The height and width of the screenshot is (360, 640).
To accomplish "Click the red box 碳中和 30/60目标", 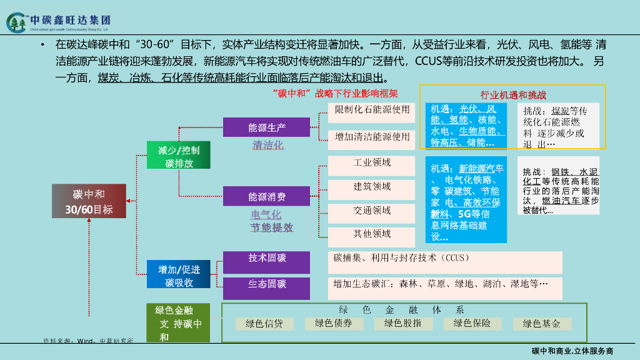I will coord(89,201).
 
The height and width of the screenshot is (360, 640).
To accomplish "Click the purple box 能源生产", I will coord(267,127).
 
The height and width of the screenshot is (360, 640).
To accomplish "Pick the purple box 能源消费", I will coord(267,196).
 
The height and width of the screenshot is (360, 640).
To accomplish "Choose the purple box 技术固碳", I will coord(267,258).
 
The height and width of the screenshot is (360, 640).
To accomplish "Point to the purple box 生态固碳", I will coord(267,284).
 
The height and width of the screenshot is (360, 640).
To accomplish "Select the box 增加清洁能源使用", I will coord(372,136).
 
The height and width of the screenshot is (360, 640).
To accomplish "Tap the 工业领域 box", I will coord(372,164).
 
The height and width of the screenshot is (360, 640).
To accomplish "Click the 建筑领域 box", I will coord(372,187).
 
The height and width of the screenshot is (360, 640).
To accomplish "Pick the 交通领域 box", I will coord(372,211).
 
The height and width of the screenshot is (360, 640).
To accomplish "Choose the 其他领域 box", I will coord(372,234).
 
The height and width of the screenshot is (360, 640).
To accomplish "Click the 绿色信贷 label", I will coord(264,324).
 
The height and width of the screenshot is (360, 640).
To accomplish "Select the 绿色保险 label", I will coord(472,324).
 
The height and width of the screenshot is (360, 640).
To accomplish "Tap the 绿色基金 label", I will coord(541,324).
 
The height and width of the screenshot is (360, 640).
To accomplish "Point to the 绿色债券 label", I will coord(333,324).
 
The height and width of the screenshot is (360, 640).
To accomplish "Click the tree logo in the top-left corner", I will coord(17,23).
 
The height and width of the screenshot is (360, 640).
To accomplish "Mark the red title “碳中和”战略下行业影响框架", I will coord(335,94).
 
